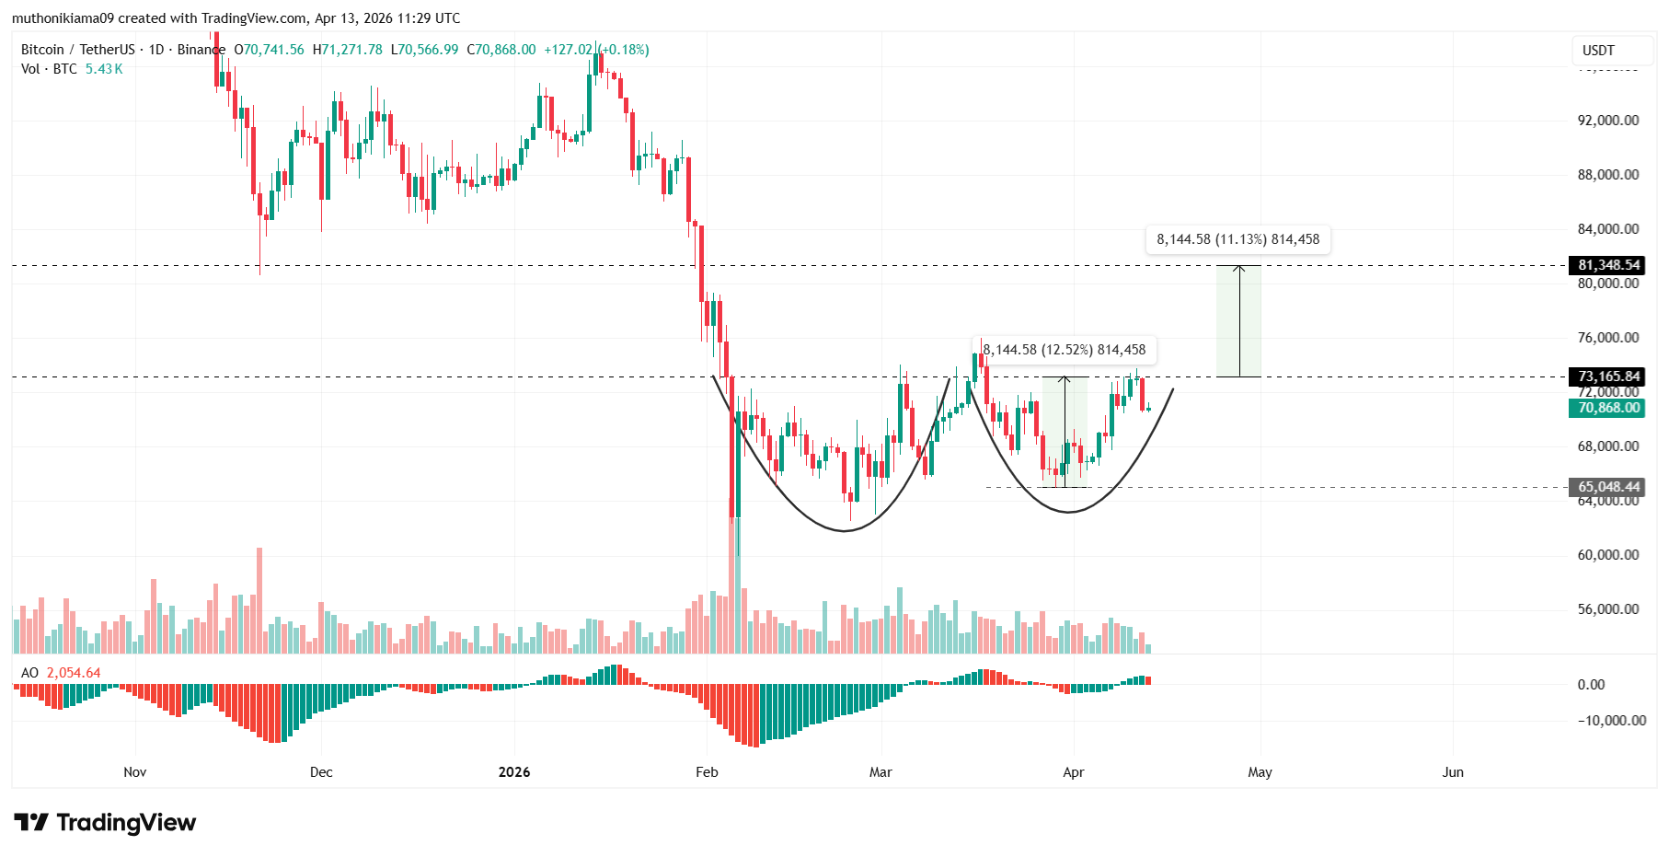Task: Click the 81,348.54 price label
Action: [x=1608, y=265]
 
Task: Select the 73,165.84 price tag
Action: [x=1608, y=376]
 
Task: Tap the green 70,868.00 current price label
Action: [x=1608, y=408]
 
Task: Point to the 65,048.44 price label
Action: [x=1608, y=487]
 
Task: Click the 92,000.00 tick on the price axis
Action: [x=1607, y=121]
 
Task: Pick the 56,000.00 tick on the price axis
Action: [x=1607, y=609]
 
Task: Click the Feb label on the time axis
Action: [x=707, y=772]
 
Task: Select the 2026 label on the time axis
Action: [x=514, y=772]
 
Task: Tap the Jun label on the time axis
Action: [x=1453, y=772]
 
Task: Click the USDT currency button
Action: [x=1598, y=51]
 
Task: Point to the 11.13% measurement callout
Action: [x=1237, y=239]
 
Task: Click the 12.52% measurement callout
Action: [x=1065, y=350]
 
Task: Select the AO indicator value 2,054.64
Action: [x=74, y=673]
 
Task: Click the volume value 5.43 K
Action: [x=104, y=69]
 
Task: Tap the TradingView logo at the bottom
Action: [x=105, y=822]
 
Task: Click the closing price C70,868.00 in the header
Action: [x=501, y=50]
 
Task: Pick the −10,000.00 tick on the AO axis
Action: [x=1611, y=721]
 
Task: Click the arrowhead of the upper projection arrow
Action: [x=1239, y=268]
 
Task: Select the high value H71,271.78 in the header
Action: [x=348, y=50]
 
